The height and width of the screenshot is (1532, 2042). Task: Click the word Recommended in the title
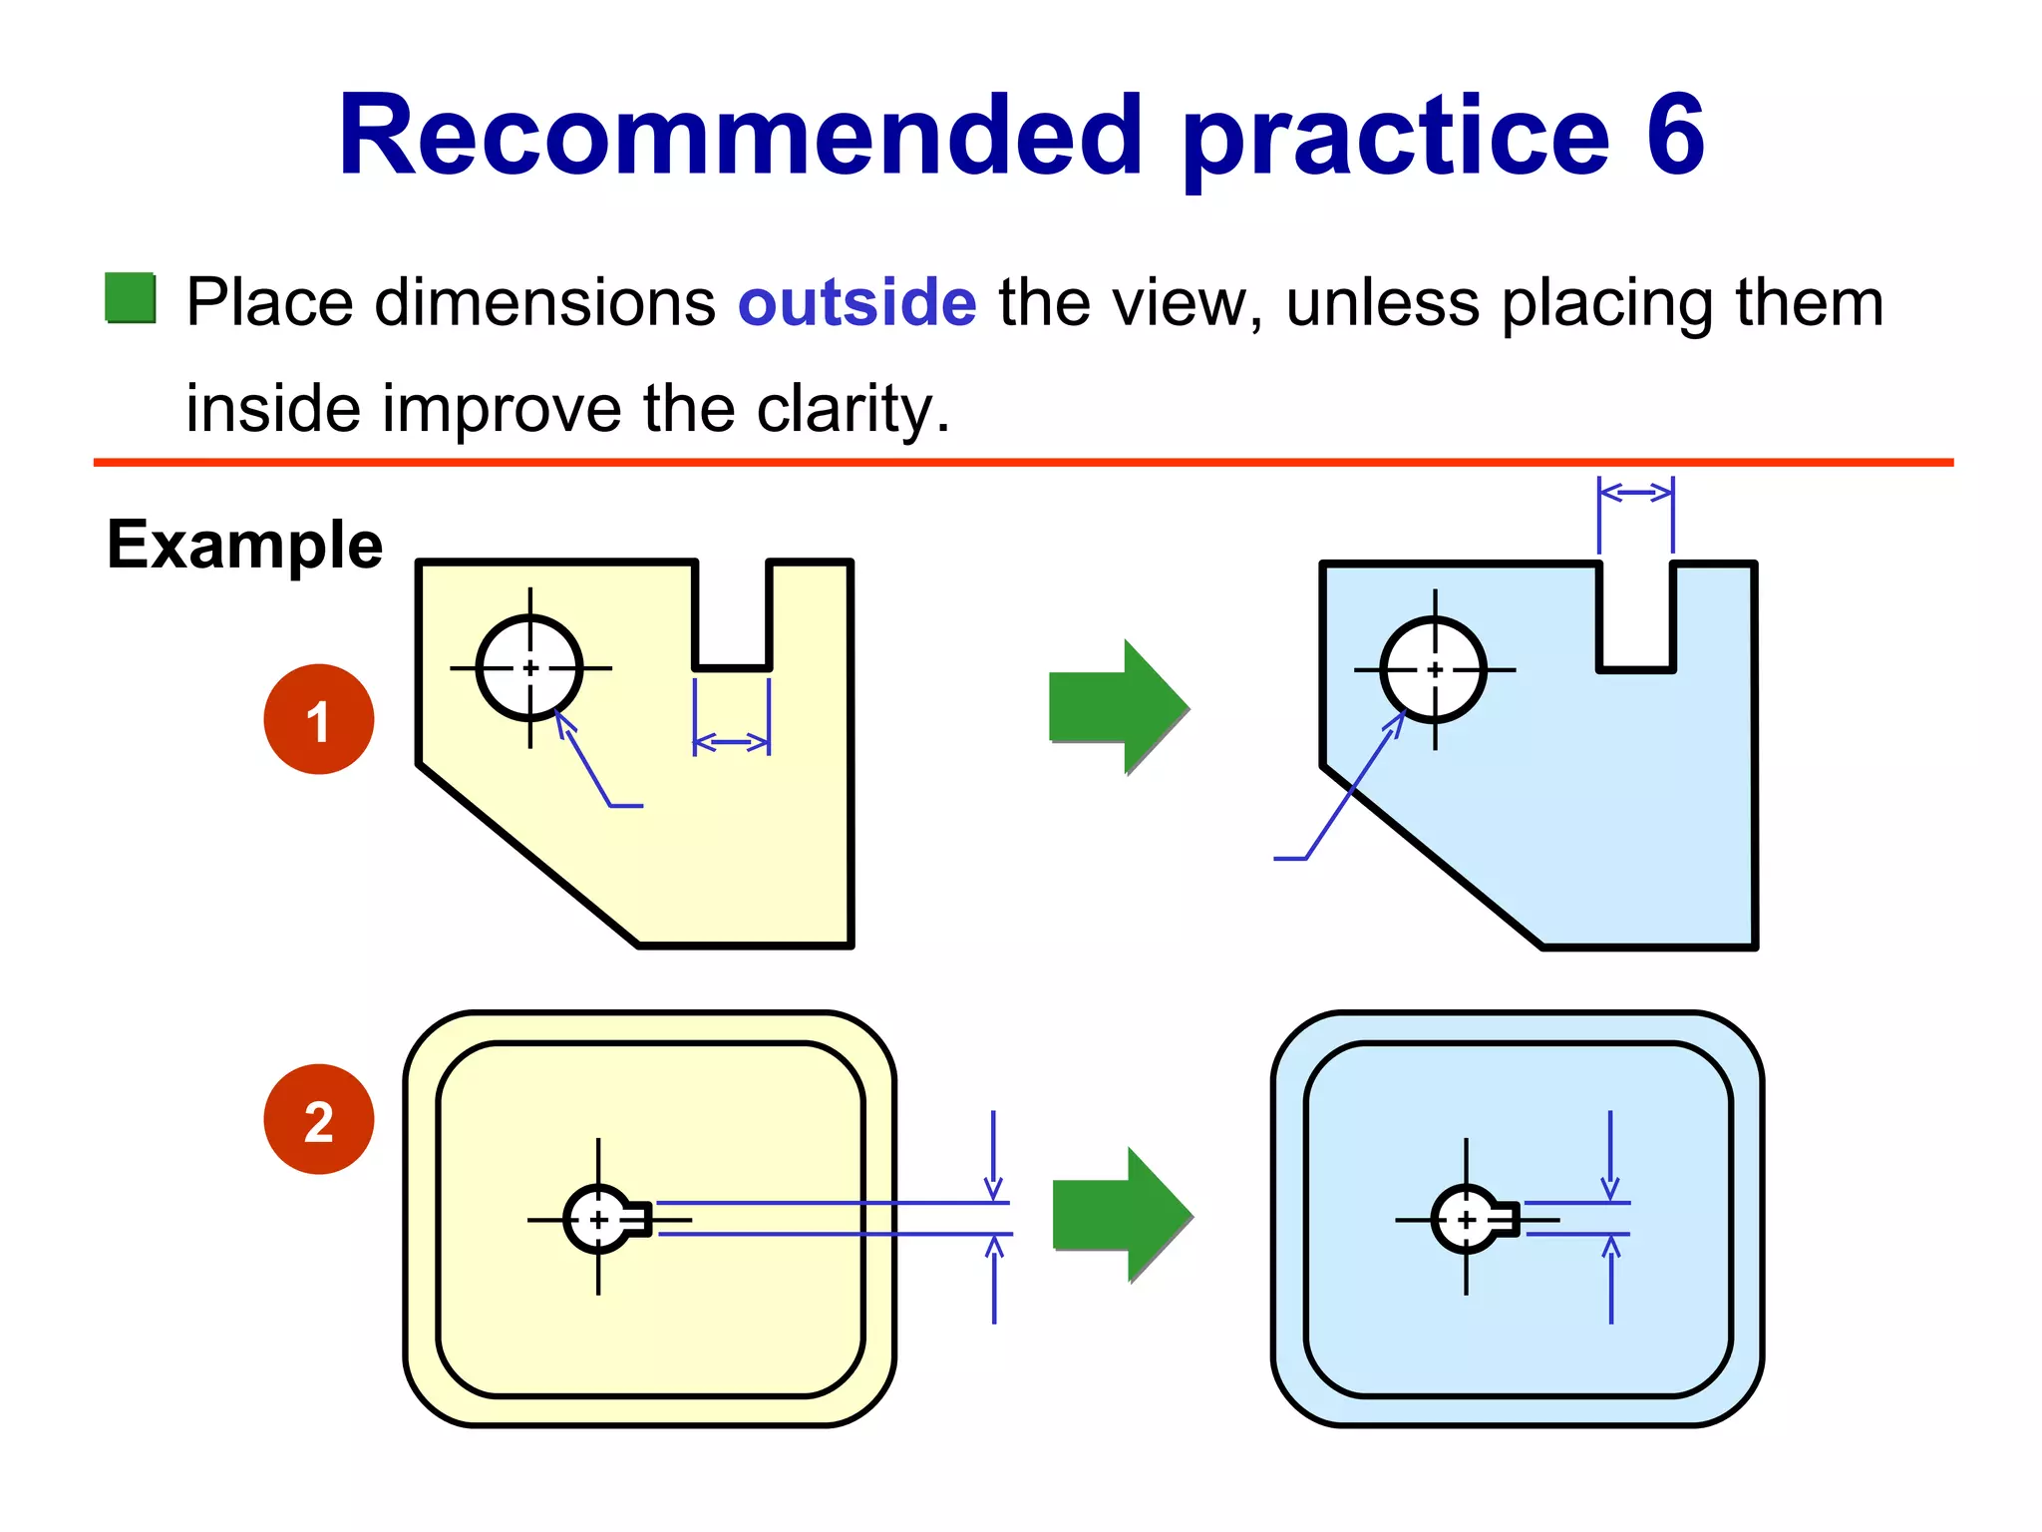[740, 136]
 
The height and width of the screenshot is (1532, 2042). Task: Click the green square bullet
[131, 298]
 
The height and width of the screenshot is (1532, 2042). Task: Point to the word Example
[244, 545]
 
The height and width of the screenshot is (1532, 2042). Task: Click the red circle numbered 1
[318, 719]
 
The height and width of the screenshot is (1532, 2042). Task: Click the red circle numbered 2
[318, 1119]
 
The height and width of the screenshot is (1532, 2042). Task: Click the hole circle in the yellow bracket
[529, 667]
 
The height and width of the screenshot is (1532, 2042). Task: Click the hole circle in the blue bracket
[1434, 669]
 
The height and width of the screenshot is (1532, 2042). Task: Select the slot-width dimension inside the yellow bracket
[732, 742]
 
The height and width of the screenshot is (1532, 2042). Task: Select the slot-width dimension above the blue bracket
[1635, 492]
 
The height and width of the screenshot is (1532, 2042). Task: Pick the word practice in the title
[1395, 136]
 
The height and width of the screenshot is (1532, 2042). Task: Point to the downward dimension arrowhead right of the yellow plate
[993, 1188]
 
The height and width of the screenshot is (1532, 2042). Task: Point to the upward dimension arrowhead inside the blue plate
[1611, 1248]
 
